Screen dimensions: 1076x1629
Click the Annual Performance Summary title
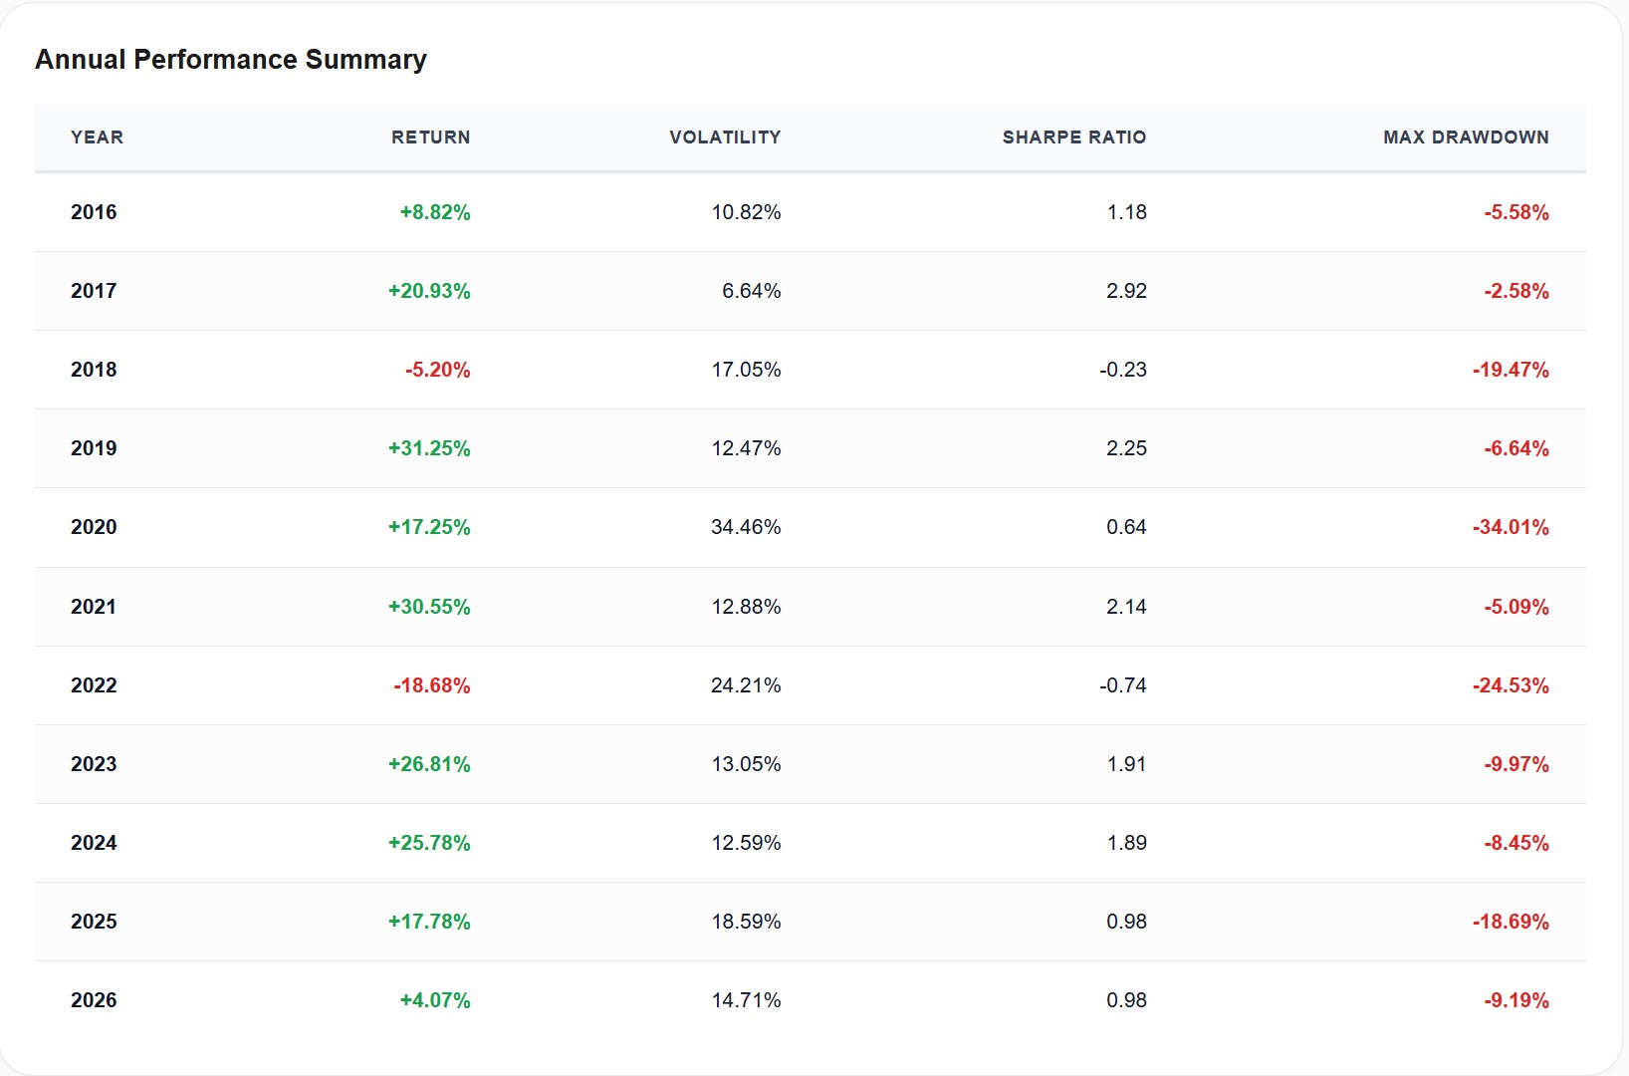coord(231,60)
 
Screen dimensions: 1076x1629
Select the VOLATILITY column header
coord(725,137)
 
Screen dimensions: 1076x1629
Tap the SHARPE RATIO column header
coord(1073,137)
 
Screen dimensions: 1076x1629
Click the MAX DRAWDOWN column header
coord(1465,137)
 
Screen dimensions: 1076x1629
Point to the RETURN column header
coord(430,137)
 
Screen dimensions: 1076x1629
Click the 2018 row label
coord(94,370)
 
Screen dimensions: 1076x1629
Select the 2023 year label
coord(94,764)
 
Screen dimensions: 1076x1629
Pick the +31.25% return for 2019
coord(429,448)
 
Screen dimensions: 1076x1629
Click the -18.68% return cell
coord(431,685)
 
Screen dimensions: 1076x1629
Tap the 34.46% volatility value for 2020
coord(746,527)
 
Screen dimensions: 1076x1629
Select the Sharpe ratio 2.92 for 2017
coord(1126,291)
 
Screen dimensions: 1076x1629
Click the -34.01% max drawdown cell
coord(1511,527)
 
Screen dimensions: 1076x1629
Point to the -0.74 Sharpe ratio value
coord(1123,685)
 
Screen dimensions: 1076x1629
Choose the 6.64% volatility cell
coord(751,291)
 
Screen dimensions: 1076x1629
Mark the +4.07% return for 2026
coord(435,1000)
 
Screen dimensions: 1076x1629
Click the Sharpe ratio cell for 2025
coord(1126,922)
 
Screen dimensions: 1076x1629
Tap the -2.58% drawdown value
coord(1516,291)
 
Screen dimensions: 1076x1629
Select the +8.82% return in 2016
coord(435,212)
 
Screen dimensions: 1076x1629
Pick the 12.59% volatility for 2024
coord(746,843)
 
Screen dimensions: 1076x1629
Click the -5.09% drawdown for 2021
coord(1516,607)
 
